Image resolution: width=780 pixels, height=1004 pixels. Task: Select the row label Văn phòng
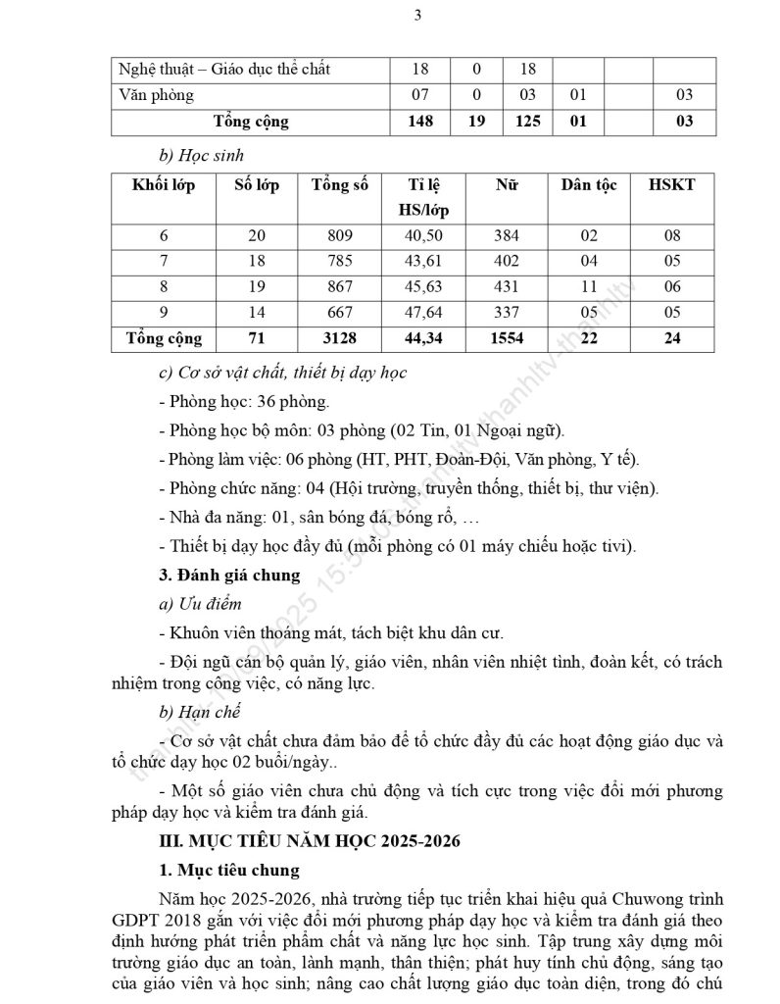point(156,95)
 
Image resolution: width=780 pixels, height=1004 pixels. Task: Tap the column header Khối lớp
point(164,185)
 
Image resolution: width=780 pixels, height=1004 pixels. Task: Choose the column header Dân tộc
point(589,185)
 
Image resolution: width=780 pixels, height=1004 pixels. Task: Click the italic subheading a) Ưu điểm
point(199,604)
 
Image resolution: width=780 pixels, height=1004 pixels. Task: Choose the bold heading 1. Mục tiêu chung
point(229,870)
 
